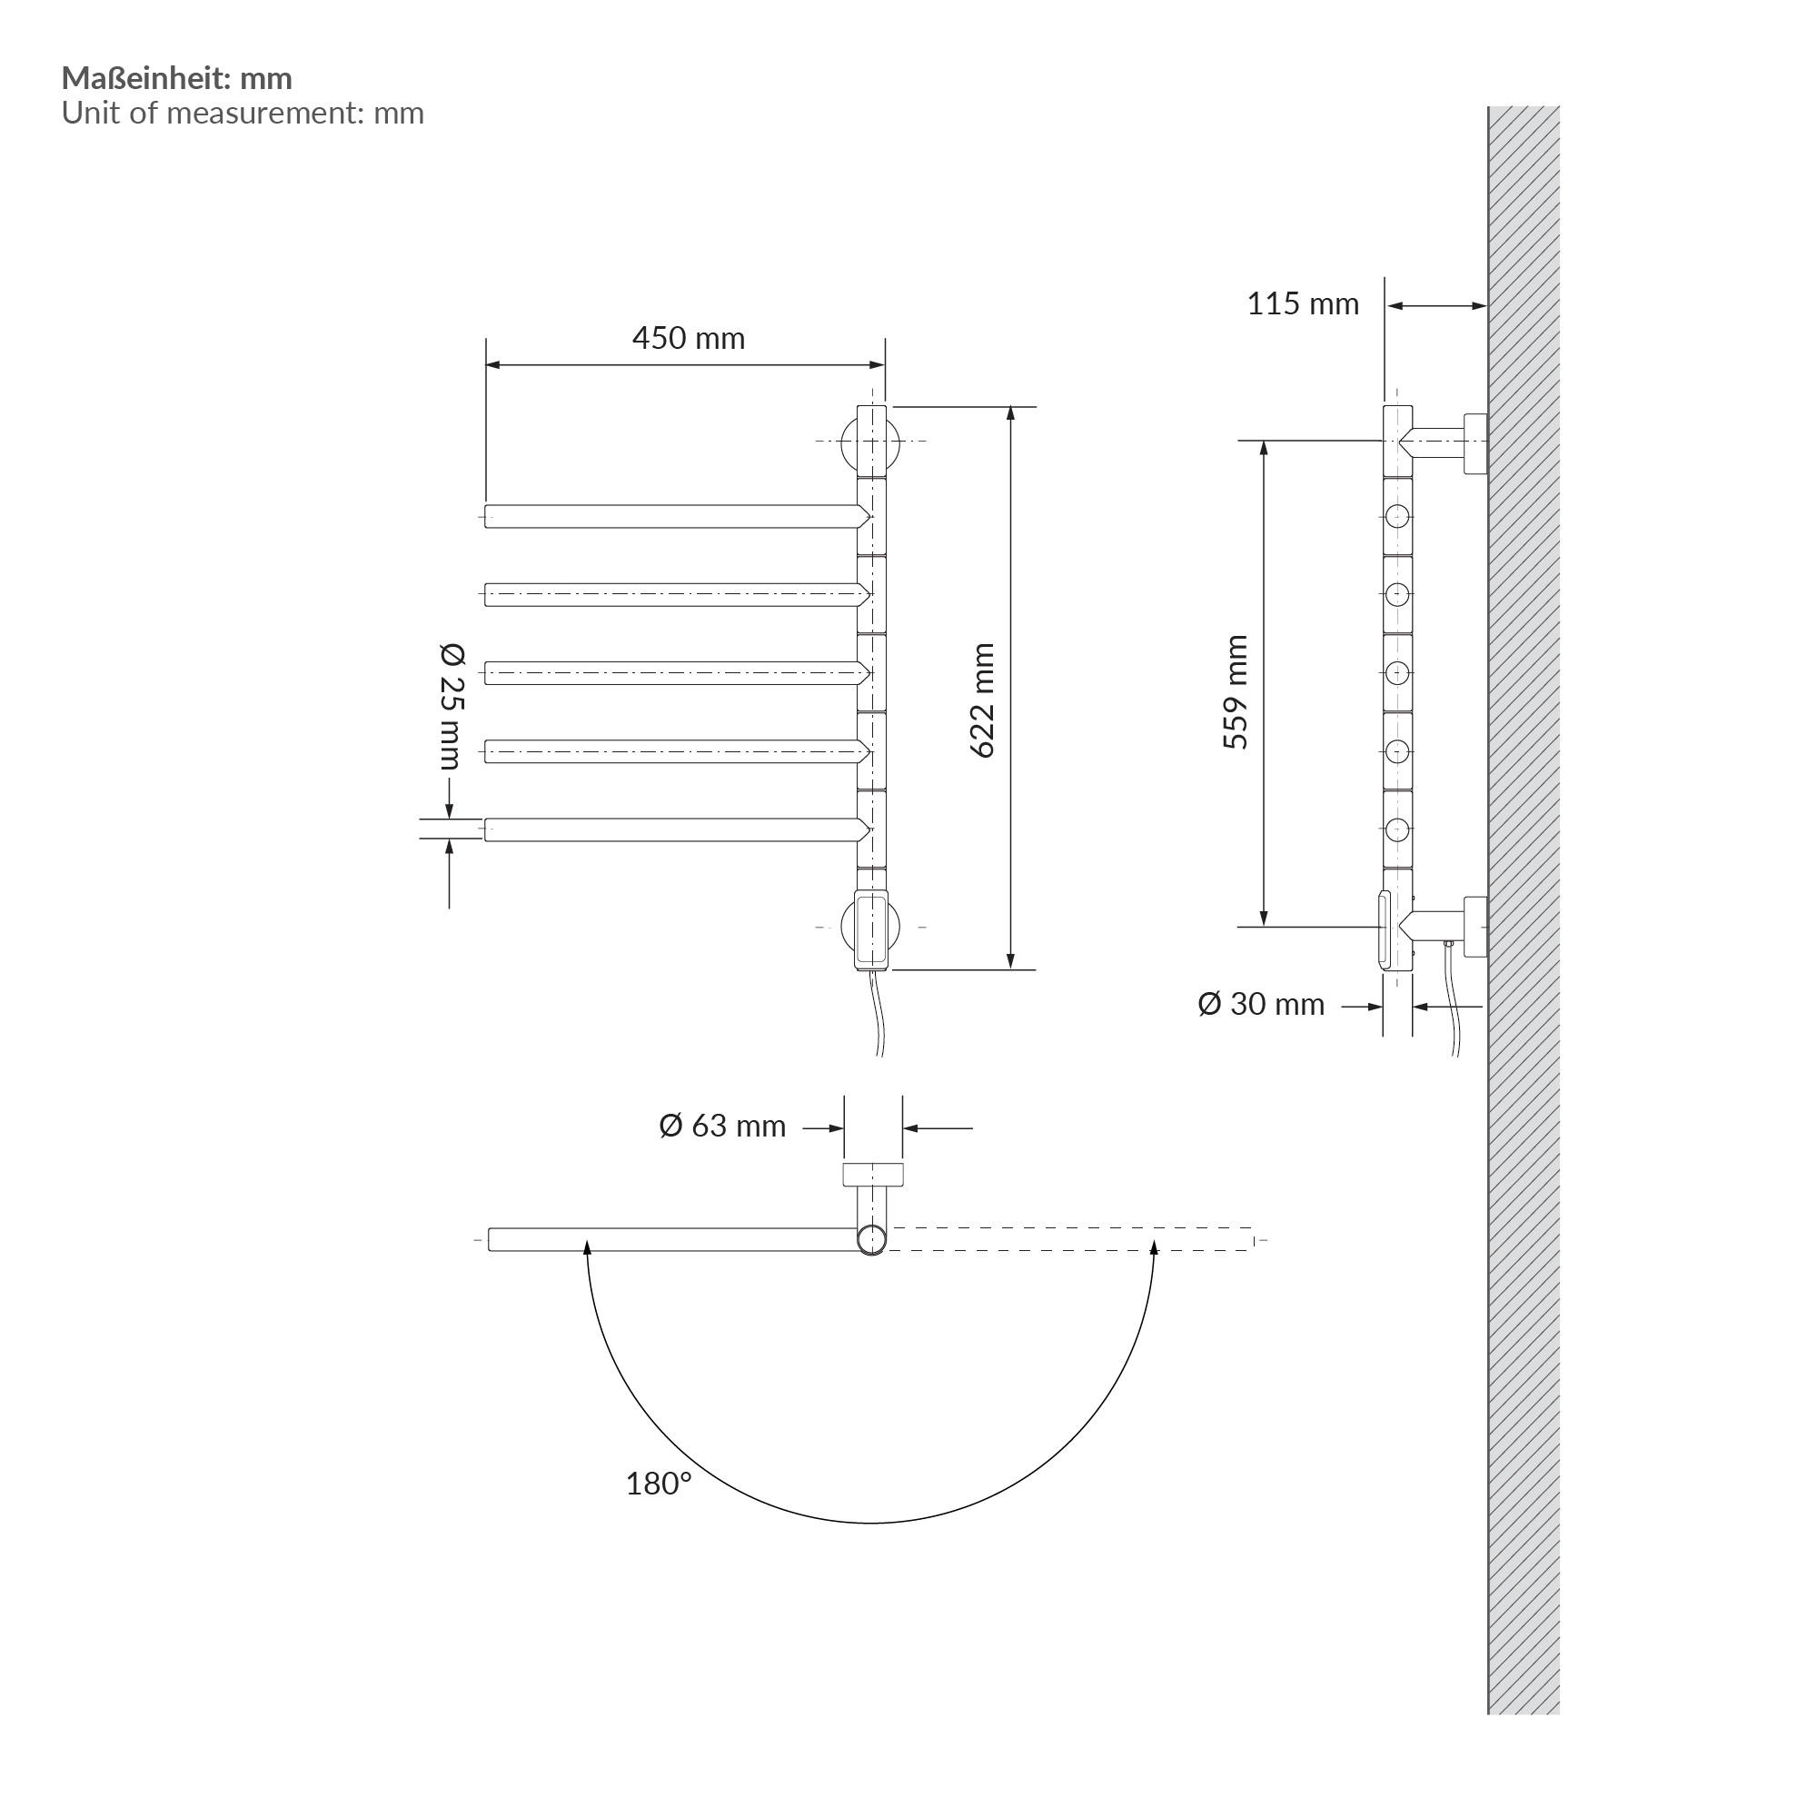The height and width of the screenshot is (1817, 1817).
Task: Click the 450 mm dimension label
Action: coord(688,338)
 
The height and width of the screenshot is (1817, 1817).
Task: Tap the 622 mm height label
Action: coord(983,700)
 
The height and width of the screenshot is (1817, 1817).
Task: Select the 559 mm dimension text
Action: coord(1236,691)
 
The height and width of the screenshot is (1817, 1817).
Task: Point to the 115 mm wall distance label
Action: coord(1303,303)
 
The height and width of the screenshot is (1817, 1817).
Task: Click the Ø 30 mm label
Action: coord(1260,1004)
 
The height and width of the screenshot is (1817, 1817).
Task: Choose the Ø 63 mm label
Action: coord(721,1126)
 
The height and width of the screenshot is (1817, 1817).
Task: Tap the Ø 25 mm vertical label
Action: coord(452,705)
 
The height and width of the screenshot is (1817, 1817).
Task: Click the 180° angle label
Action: coord(658,1484)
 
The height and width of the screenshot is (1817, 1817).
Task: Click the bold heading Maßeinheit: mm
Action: coord(177,78)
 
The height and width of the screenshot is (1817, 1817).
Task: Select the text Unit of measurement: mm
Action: coord(243,113)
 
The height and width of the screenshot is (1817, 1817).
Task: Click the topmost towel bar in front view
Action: coord(672,516)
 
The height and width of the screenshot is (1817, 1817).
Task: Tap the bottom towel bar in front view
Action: coord(672,829)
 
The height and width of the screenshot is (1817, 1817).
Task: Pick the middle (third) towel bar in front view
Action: coord(672,672)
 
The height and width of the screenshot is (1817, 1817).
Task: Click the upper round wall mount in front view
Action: coord(871,442)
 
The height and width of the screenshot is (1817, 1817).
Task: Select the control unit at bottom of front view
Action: coord(872,930)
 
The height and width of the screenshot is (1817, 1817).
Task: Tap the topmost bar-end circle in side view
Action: coord(1397,516)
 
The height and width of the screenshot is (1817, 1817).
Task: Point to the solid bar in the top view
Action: coord(672,1238)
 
